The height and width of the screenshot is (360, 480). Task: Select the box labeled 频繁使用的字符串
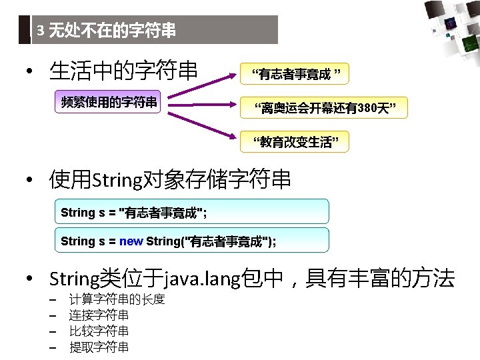coord(109,102)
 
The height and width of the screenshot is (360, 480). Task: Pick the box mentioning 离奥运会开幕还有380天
coord(322,108)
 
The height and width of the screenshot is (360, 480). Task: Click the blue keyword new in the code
coord(131,241)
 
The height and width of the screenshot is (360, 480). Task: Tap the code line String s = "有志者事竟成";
coord(134,213)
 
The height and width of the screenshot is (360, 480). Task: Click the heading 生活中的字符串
coord(123,70)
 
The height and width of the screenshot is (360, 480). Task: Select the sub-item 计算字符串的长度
coord(117,299)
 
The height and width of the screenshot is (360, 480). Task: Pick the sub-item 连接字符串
coord(99,315)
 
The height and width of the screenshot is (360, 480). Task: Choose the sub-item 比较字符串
coord(99,331)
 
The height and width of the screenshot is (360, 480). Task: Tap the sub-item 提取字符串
coord(99,347)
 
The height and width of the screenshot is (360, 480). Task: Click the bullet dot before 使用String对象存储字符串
coord(30,181)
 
